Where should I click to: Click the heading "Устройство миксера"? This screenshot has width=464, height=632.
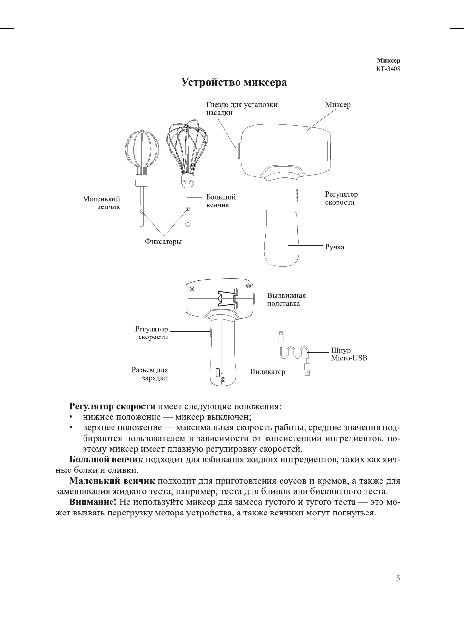[x=234, y=83]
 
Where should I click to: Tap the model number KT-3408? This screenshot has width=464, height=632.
[x=388, y=69]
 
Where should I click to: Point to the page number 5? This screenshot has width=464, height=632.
[x=398, y=578]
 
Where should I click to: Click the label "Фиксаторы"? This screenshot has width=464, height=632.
[x=163, y=242]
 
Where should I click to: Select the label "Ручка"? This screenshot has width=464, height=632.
[x=335, y=247]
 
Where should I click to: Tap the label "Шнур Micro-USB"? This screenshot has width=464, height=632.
[x=349, y=354]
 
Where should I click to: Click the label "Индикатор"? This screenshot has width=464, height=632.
[x=267, y=372]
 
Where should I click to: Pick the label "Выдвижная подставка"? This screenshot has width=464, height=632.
[x=286, y=300]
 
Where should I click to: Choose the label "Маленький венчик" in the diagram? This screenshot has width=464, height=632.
[x=102, y=203]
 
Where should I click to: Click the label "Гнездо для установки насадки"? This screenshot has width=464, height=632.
[x=241, y=108]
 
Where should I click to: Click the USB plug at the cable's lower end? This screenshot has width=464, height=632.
[x=307, y=370]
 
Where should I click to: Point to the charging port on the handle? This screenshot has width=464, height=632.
[x=218, y=372]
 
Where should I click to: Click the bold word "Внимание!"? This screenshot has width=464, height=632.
[x=93, y=502]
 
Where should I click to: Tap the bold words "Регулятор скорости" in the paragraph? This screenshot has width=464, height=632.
[x=112, y=406]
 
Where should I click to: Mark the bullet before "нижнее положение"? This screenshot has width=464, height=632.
[x=71, y=417]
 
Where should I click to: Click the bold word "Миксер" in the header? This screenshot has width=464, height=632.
[x=388, y=61]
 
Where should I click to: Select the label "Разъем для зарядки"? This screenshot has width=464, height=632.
[x=150, y=374]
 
